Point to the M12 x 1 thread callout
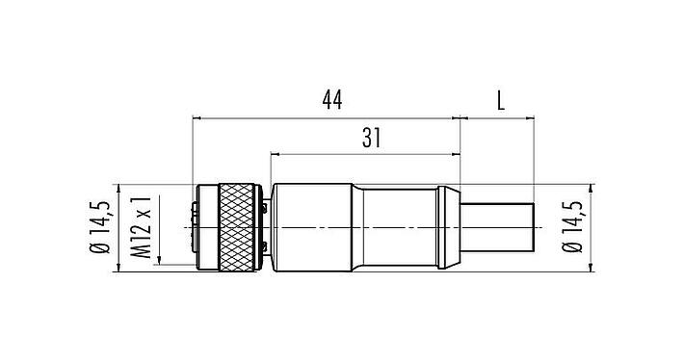click(x=142, y=229)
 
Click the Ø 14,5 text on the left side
click(x=100, y=227)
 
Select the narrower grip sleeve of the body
click(x=399, y=227)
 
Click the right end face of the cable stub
click(x=534, y=227)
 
